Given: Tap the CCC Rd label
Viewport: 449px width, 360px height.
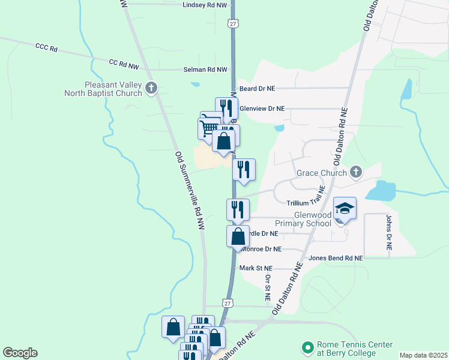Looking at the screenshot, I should [x=46, y=47].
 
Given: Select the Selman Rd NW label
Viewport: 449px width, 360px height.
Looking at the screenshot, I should [x=205, y=70].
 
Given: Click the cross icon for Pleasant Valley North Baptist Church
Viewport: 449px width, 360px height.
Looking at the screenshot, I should [x=151, y=89].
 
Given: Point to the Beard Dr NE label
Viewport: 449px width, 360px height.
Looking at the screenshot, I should [x=257, y=88].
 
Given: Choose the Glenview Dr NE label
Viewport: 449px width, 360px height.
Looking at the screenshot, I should [x=262, y=109].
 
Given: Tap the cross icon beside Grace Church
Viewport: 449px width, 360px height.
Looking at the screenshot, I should [x=355, y=173].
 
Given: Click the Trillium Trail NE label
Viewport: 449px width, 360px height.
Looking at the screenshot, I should [x=306, y=204].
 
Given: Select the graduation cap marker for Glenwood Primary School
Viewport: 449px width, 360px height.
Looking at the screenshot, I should [x=345, y=208].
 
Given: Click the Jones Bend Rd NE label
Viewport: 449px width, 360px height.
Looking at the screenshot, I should [x=336, y=258].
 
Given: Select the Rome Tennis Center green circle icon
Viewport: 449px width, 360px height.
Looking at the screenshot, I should [x=308, y=347].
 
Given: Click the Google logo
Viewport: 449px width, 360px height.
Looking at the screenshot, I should [x=20, y=353].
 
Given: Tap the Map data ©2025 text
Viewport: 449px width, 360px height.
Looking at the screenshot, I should [x=423, y=355].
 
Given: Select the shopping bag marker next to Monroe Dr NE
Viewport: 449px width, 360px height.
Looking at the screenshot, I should [x=238, y=235].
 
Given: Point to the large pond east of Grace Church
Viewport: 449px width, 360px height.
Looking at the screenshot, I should [x=380, y=191].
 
